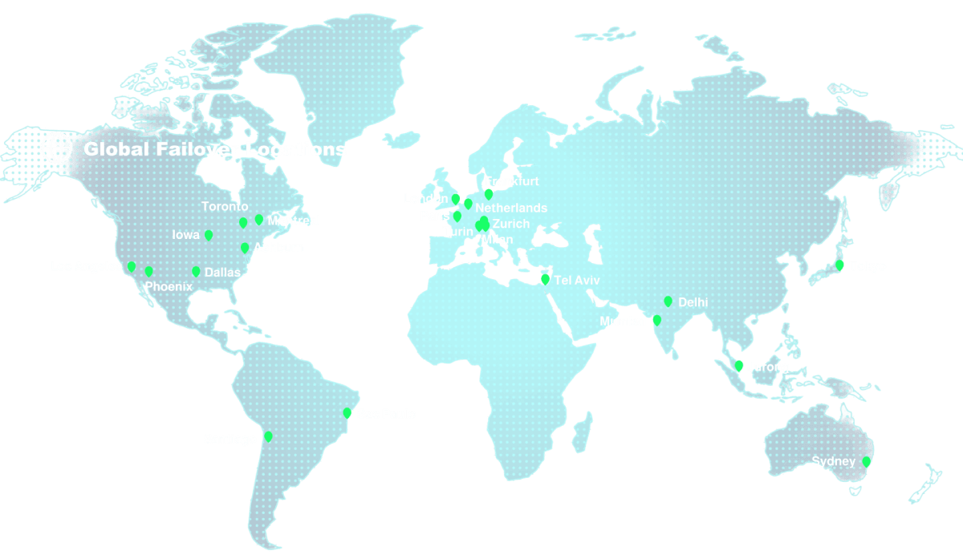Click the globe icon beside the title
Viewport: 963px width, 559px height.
point(56,148)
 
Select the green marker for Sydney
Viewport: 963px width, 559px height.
point(866,462)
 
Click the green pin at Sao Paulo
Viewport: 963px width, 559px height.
point(347,413)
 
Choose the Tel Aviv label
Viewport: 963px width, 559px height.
point(577,281)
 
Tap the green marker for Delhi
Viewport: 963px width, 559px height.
point(668,302)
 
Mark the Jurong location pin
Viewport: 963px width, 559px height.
point(738,367)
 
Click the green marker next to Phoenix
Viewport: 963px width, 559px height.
point(148,272)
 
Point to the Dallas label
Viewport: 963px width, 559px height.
point(222,273)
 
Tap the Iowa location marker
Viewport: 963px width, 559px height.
point(209,235)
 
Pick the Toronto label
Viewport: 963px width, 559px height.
point(225,207)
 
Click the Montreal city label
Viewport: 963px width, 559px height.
point(294,221)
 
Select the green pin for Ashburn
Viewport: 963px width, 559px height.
point(245,248)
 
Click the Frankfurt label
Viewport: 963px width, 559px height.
point(512,181)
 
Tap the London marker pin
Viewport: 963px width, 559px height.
point(455,199)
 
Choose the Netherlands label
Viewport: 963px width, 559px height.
point(511,208)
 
